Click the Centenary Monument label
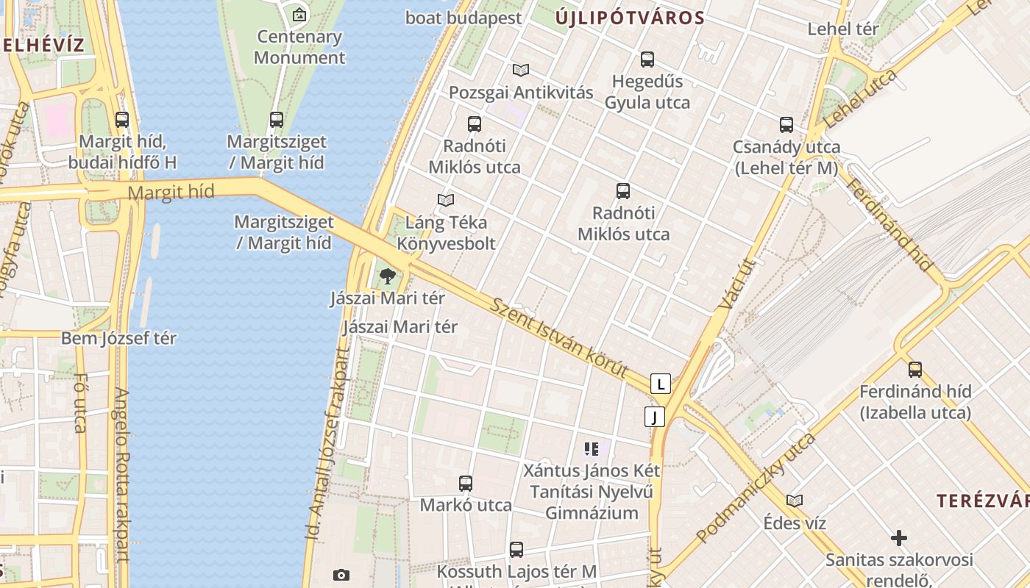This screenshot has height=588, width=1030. point(299,47)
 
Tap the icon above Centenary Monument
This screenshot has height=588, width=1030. point(299,14)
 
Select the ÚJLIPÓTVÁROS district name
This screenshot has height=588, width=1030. point(629,18)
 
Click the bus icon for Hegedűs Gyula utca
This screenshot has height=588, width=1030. point(647,60)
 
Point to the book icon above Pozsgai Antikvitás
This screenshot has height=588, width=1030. point(521,71)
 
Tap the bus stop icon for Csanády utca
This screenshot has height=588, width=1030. point(786,125)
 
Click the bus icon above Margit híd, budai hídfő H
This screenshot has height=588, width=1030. point(122,119)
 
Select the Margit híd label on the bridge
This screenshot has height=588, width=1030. point(171,193)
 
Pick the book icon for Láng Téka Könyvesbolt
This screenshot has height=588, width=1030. point(446,200)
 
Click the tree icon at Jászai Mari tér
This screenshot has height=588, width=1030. point(388,277)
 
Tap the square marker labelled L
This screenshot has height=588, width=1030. point(661,384)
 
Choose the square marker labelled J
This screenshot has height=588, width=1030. point(654,417)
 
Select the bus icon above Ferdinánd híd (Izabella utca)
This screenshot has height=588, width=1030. point(915,369)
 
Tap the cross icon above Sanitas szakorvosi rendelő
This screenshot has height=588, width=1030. point(899,539)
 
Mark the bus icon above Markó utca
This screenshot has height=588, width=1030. point(466,484)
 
